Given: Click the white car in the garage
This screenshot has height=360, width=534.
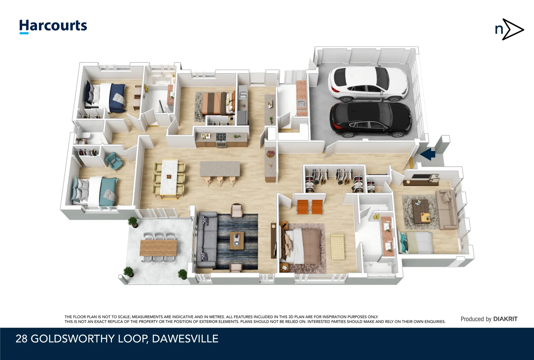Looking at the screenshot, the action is (368, 84).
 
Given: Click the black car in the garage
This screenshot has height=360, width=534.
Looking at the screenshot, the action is (371, 120).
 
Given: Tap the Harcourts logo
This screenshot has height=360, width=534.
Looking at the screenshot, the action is (53, 26).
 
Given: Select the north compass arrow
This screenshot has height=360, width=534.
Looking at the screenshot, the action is (509, 29).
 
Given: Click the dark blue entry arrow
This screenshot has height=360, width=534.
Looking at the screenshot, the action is (428, 154).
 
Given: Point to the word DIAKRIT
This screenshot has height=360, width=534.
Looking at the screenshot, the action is (505, 319).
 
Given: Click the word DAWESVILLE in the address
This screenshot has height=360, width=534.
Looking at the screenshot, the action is (185, 339).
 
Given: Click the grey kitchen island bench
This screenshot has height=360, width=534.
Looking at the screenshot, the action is (220, 169).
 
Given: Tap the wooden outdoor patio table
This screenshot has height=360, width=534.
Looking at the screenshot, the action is (158, 248).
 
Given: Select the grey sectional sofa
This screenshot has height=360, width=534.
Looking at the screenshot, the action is (207, 240).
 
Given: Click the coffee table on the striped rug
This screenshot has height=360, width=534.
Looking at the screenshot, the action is (237, 241).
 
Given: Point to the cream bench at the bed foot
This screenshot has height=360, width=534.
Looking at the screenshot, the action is (337, 247).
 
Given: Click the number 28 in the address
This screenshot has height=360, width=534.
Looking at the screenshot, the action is (21, 339).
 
